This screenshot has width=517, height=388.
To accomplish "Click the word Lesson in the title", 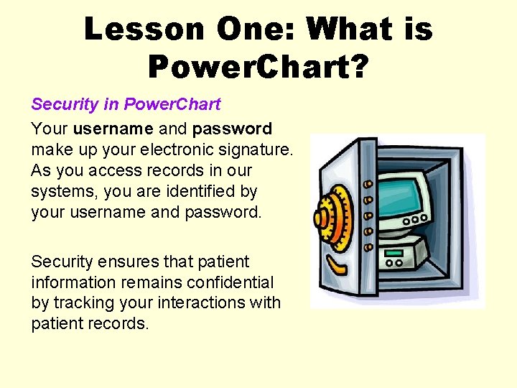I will click(144, 29).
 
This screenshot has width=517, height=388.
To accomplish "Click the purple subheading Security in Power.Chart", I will click(126, 104).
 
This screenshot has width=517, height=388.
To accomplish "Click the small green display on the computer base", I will click(393, 253).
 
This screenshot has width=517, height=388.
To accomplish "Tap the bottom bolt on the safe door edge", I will click(368, 246).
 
